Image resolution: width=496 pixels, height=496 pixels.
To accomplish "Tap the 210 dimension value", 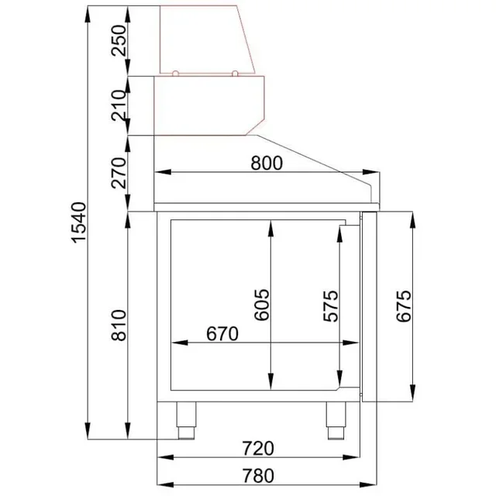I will tap(119, 107).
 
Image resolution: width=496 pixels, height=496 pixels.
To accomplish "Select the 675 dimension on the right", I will tap(401, 306).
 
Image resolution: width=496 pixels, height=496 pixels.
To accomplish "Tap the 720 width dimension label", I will tap(258, 448).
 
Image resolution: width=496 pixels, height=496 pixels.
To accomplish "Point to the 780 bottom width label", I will tap(258, 474).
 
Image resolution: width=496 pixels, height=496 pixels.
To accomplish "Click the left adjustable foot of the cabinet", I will tap(186, 421).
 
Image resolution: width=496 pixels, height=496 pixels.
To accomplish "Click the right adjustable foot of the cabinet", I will tap(335, 421).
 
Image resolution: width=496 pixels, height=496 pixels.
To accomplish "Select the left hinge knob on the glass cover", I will tap(176, 74).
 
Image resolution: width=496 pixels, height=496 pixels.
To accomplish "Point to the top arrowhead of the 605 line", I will tap(271, 226).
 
